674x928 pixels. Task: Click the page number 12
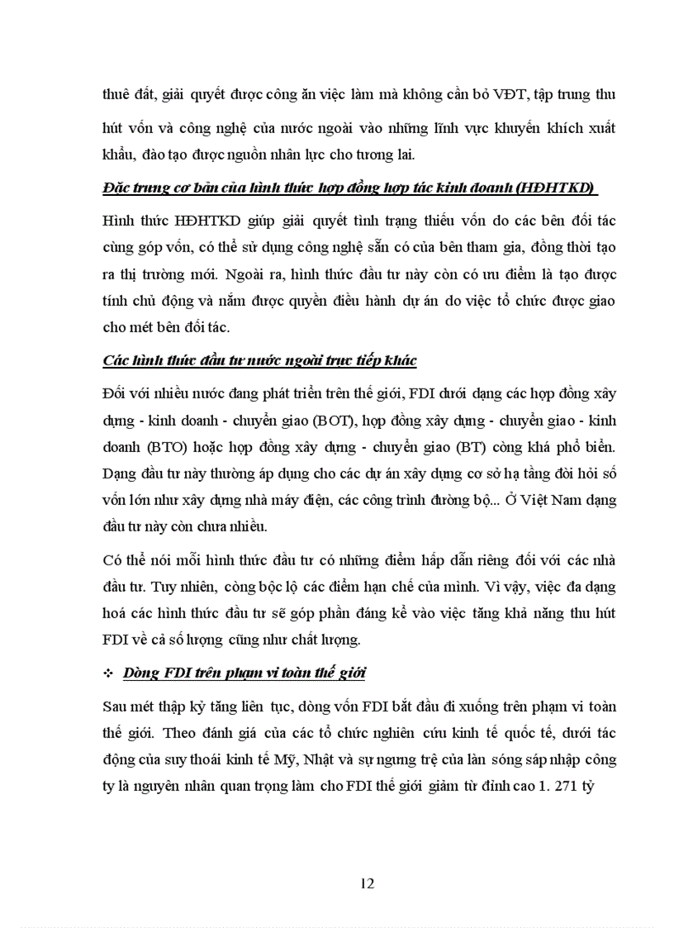tap(368, 883)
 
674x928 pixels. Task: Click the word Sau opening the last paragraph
tap(116, 707)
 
